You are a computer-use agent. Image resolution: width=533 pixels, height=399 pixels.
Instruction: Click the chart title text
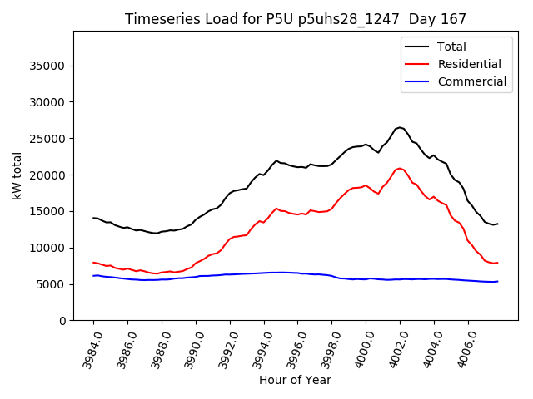(x=296, y=18)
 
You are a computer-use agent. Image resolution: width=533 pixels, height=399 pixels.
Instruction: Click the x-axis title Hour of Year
(x=296, y=380)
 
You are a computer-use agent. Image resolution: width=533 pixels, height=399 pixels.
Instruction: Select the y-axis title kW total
(x=17, y=175)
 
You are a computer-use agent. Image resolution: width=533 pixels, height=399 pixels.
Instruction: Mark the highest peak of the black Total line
(x=401, y=127)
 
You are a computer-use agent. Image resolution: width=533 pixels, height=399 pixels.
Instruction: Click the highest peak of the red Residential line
(x=401, y=168)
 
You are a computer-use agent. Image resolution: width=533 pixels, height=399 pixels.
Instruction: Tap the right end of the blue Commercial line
(x=497, y=281)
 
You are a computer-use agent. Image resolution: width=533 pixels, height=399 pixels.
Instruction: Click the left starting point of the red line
(x=93, y=263)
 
